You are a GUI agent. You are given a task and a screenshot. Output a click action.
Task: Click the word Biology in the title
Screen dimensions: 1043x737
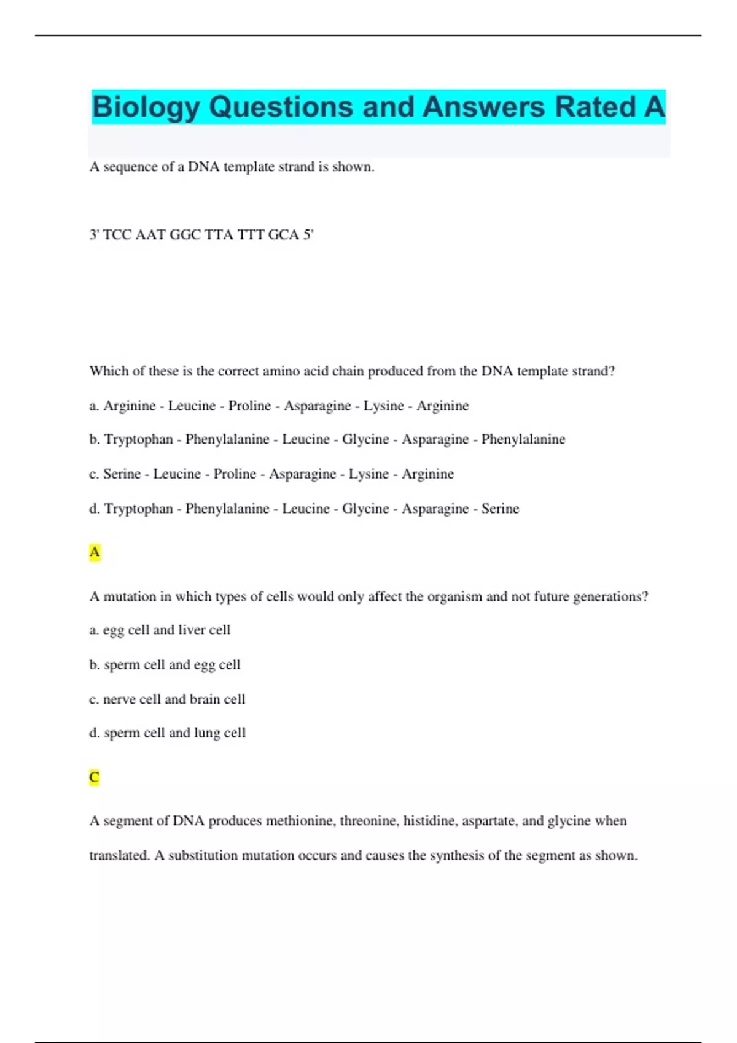tap(146, 107)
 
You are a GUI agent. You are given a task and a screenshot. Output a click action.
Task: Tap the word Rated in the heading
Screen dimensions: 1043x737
tap(595, 107)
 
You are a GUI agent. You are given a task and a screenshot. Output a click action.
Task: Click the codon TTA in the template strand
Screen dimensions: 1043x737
tap(219, 235)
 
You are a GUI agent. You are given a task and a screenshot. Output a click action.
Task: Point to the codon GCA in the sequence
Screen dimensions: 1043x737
tap(283, 235)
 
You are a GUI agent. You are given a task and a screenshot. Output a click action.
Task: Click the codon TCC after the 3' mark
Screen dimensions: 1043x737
tap(117, 235)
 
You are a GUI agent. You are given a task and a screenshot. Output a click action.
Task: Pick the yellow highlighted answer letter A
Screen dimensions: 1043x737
tap(95, 553)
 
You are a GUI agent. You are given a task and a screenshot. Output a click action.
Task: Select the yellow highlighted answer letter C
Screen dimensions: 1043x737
tap(95, 777)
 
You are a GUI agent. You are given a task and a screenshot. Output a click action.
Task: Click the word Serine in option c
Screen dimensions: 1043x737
tap(122, 474)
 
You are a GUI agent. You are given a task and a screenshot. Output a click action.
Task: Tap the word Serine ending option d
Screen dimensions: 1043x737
tap(500, 509)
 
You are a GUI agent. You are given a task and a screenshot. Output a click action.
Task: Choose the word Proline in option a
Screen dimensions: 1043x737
tap(249, 406)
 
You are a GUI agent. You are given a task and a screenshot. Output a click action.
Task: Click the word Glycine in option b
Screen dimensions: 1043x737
tap(365, 439)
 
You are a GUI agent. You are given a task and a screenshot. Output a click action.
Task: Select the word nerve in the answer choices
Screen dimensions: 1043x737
tap(119, 699)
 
